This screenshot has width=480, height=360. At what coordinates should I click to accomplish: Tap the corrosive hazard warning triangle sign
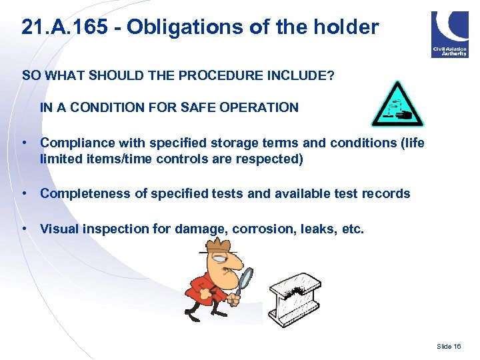pos(397,105)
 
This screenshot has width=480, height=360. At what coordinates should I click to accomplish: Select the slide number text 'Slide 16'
pos(449,347)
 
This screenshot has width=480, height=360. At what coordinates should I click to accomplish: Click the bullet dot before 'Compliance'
pos(24,143)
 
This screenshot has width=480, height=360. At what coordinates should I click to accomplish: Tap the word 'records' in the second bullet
pos(386,193)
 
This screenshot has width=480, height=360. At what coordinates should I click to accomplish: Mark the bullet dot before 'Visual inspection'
pos(24,229)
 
